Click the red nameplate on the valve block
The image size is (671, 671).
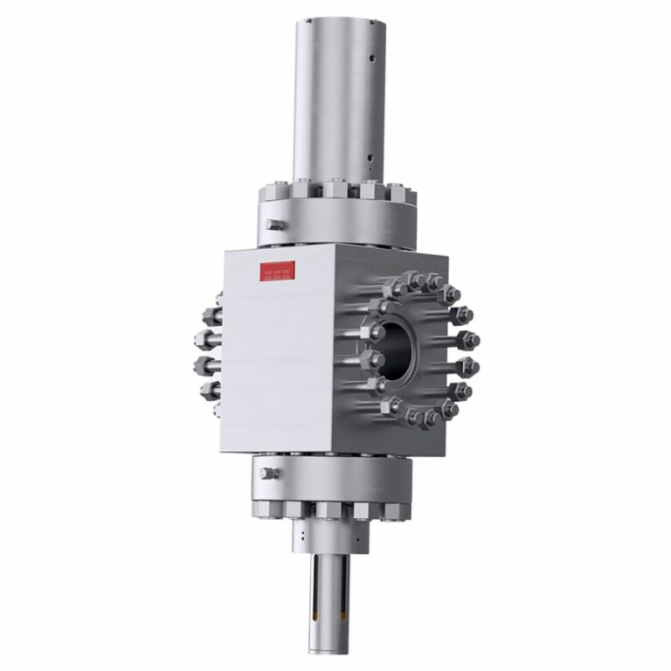[x=278, y=271]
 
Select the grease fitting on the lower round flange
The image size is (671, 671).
[x=268, y=474]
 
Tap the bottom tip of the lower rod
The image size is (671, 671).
[x=329, y=650]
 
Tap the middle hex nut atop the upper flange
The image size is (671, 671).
[x=335, y=190]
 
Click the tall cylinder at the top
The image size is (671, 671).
[x=336, y=96]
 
